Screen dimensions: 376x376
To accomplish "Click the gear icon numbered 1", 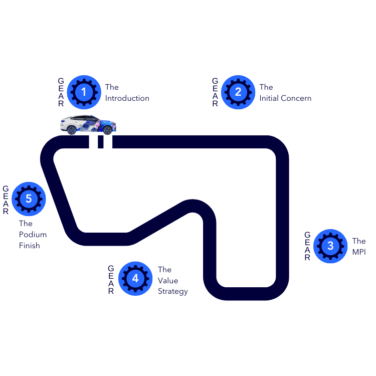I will tap(84, 92).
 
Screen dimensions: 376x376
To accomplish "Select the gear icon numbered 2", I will tap(238, 92).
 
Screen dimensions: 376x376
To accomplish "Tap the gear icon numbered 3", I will tap(330, 246).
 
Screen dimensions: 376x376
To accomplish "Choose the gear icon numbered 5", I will tap(29, 199).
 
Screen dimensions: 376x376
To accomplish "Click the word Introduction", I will tap(127, 98).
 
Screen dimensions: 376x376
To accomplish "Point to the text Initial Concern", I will tap(285, 98).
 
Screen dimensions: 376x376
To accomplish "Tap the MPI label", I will tap(358, 252).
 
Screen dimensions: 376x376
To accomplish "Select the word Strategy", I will tap(172, 291).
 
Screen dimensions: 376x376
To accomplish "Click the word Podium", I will tap(33, 235).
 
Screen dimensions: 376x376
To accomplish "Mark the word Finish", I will tap(30, 246).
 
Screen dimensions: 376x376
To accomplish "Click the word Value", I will tap(168, 280).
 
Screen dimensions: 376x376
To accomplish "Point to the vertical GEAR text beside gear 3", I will tap(307, 246).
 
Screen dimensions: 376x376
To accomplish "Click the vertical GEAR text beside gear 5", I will tap(6, 199).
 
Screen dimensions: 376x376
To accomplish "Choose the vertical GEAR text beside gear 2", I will tap(215, 92).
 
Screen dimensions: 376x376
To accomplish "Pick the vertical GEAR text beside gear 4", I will tap(111, 279).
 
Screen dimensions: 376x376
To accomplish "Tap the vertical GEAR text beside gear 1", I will tap(61, 92).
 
